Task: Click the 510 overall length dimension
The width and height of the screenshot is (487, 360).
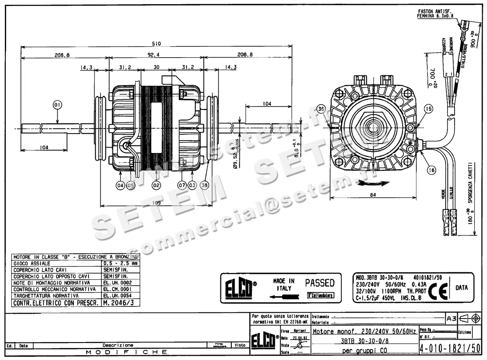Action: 156,43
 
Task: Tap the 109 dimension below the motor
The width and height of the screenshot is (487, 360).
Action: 156,203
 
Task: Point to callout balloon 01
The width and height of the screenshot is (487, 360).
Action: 57,105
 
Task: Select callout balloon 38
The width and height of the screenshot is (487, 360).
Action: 204,185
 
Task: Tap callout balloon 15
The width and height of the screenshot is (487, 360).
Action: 429,108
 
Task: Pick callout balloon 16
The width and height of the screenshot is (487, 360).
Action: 431,171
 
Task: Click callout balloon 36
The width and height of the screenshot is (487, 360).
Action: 321,109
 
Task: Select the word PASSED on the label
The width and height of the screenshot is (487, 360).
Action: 320,283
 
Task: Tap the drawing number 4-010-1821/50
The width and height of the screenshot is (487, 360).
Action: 449,348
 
